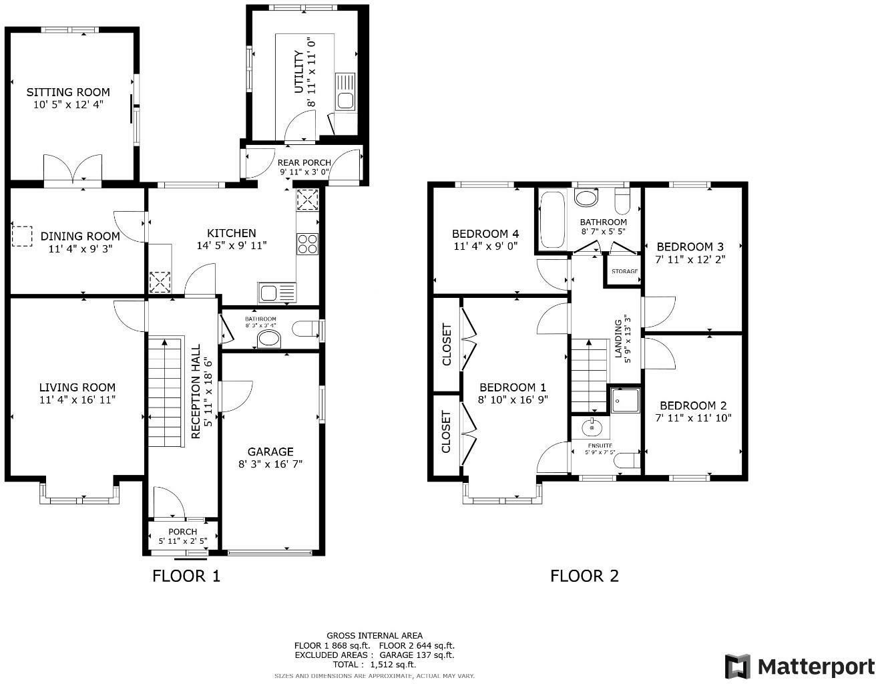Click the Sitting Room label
tap(68, 92)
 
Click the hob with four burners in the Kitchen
tap(308, 244)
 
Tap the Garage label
tap(270, 452)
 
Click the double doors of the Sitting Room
tap(73, 168)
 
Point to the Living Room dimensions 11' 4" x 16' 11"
tap(77, 400)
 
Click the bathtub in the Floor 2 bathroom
tap(552, 219)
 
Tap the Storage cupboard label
tap(624, 271)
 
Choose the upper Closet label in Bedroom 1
tap(447, 345)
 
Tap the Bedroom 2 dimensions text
tap(693, 418)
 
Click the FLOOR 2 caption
tap(584, 576)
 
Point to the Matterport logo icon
tap(738, 666)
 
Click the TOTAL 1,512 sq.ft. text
tap(374, 665)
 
